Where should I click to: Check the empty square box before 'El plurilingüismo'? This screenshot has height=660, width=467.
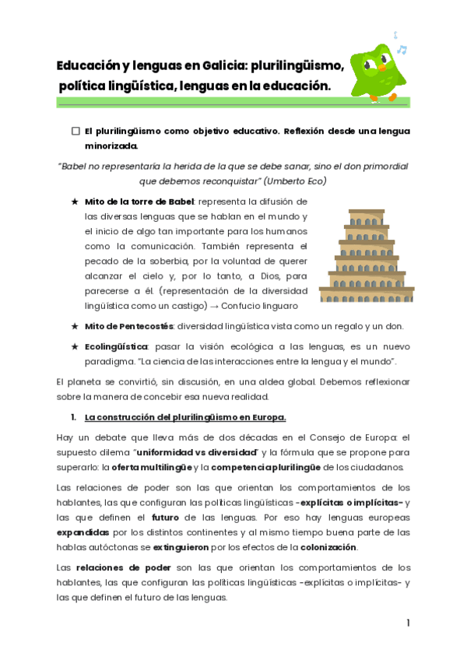coord(75,132)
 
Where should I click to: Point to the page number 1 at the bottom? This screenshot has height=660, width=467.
coord(408,623)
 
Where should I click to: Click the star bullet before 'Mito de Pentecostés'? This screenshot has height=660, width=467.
coord(75,326)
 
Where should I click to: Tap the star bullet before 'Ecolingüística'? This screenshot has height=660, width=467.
coord(75,346)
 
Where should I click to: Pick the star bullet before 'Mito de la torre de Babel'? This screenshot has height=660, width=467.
coord(75,202)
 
